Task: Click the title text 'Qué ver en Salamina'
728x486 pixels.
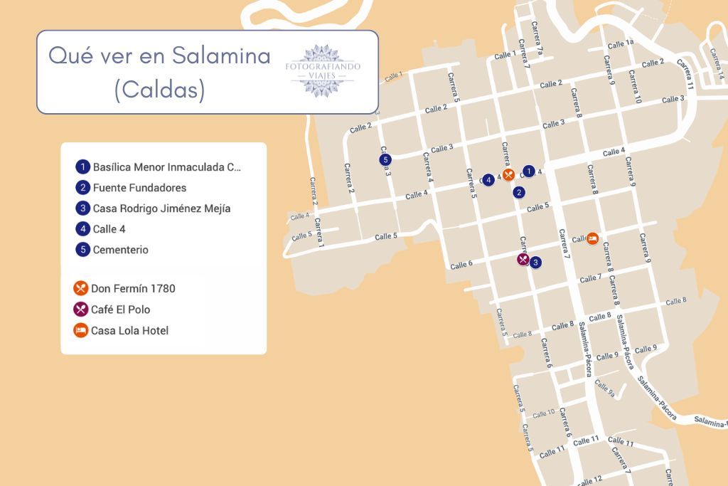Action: [159, 56]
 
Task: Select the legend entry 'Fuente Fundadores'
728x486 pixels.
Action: [139, 188]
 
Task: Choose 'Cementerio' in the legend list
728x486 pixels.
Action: [120, 250]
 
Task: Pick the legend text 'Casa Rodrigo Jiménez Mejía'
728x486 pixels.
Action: [161, 208]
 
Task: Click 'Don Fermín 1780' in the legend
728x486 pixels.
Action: [133, 288]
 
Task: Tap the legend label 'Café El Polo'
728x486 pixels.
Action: [120, 310]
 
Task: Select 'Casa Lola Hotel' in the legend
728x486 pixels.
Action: [129, 331]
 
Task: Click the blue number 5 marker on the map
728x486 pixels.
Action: [385, 159]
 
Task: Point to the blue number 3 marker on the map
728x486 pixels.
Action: [535, 263]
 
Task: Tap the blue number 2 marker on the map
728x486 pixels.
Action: [520, 192]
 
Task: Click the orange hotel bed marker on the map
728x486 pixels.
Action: [592, 238]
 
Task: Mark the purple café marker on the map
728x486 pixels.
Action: [523, 260]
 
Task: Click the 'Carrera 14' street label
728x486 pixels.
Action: [719, 64]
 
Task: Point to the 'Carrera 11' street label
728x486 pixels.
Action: [685, 73]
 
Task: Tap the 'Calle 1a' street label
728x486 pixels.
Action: [620, 44]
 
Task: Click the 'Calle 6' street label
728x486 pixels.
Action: [461, 265]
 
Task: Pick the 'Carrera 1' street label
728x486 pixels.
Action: [318, 232]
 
